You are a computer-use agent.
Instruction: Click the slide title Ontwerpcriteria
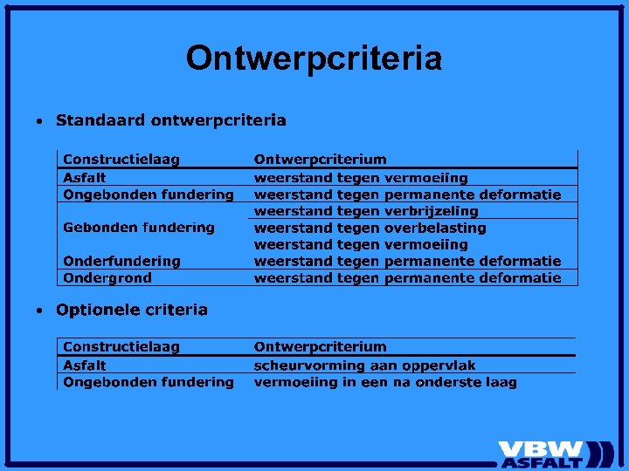(x=314, y=58)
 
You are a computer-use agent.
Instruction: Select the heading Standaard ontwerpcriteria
(x=170, y=119)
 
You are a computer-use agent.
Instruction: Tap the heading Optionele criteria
(x=132, y=310)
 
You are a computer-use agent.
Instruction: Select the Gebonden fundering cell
(x=139, y=228)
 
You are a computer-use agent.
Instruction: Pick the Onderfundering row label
(x=121, y=261)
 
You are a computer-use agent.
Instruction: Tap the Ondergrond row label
(x=107, y=277)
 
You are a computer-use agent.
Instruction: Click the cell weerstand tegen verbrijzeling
(x=366, y=211)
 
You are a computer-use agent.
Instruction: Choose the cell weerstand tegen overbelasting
(x=370, y=228)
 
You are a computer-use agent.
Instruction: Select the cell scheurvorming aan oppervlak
(x=365, y=365)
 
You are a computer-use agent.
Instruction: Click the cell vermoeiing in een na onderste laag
(x=385, y=382)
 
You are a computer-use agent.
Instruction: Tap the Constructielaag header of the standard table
(x=121, y=160)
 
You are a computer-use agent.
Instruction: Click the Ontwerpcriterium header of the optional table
(x=320, y=347)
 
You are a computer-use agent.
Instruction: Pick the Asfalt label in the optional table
(x=85, y=365)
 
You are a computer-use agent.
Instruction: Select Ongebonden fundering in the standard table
(x=149, y=195)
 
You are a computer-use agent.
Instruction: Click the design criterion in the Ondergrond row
(x=407, y=277)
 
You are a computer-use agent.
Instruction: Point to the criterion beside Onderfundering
(x=407, y=261)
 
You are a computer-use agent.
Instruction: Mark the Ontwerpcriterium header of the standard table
(x=320, y=160)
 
